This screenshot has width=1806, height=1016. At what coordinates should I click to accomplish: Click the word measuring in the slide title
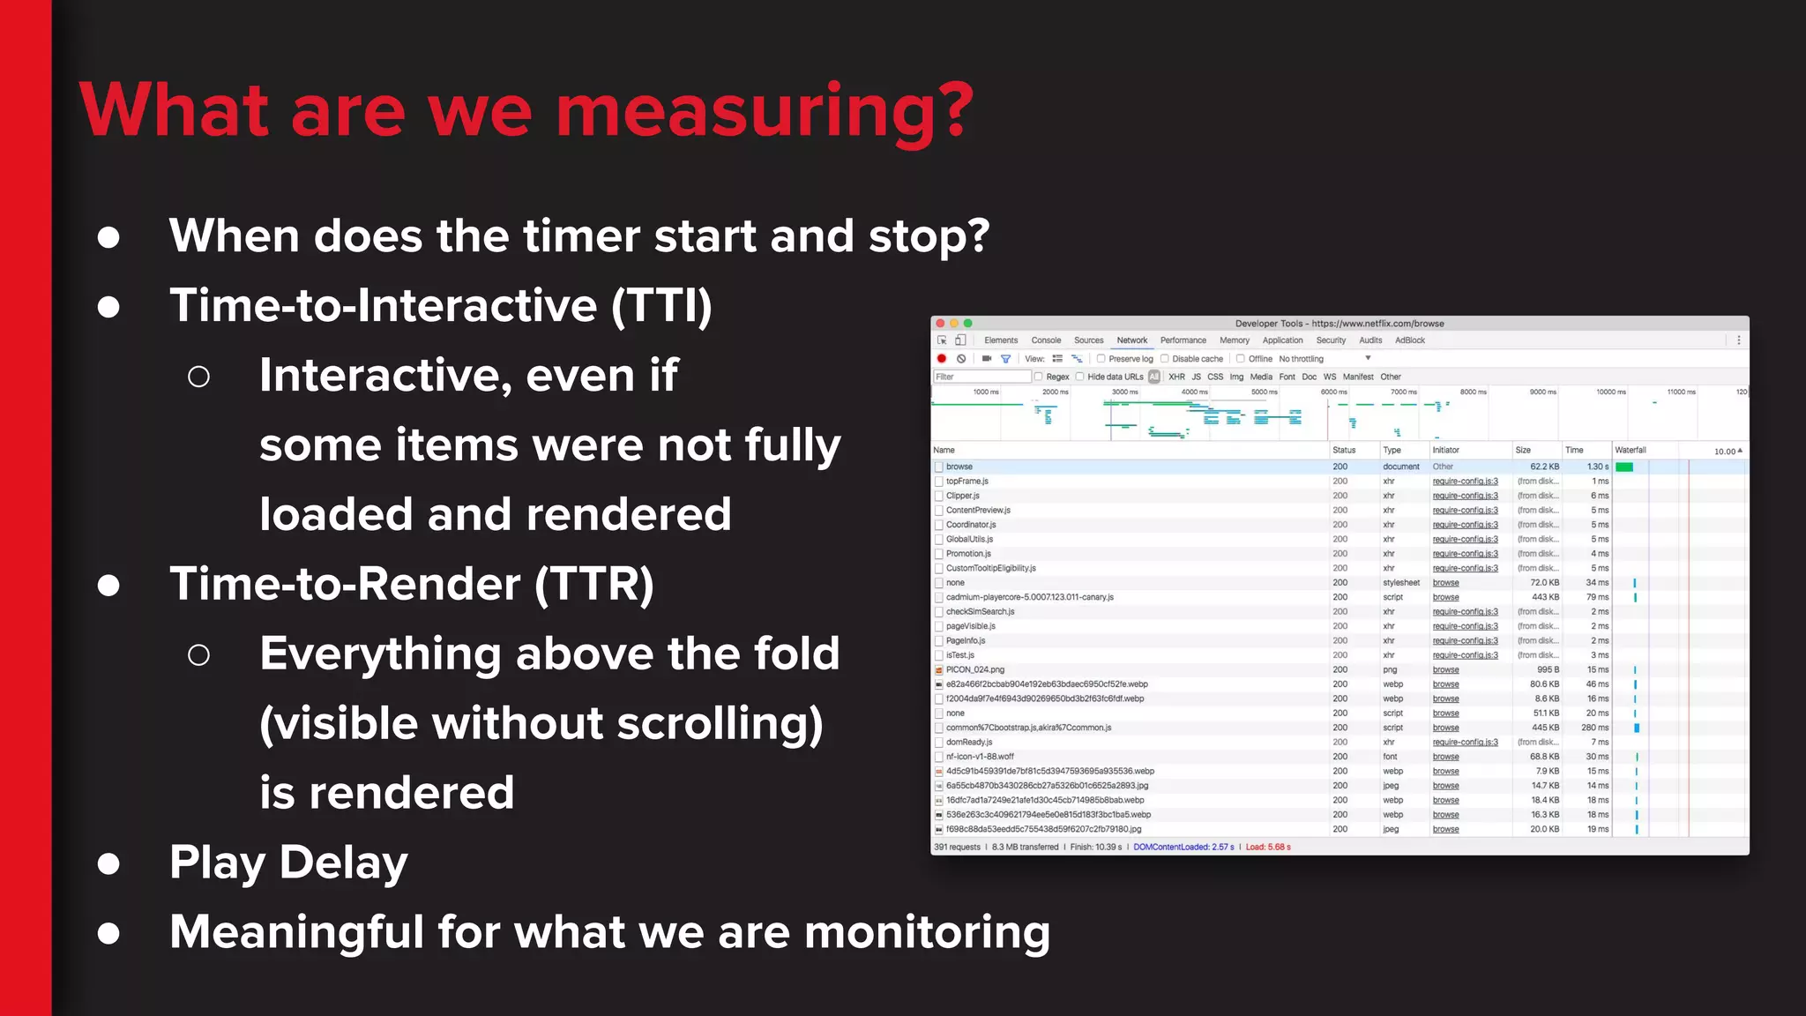764,112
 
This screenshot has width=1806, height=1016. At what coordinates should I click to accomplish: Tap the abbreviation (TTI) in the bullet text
660,306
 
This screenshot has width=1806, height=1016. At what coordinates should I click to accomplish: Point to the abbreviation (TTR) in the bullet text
593,585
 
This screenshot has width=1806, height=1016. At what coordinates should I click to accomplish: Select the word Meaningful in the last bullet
296,932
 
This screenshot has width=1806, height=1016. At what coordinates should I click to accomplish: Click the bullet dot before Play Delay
108,863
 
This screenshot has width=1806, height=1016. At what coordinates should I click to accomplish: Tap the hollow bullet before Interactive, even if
199,377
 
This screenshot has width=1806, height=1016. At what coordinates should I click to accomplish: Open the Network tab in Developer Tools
1131,340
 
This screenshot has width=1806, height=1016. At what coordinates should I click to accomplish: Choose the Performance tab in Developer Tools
1183,340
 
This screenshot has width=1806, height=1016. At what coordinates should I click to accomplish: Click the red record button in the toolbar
942,359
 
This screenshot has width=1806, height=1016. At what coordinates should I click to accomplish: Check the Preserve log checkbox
1101,359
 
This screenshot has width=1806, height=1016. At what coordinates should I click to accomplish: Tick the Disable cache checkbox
1165,359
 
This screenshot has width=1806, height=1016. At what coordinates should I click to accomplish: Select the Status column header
1344,450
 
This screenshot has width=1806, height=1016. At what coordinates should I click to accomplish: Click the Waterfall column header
1631,450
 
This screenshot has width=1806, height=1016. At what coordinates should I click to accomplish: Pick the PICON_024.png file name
975,670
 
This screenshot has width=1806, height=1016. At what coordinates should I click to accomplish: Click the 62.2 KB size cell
1544,467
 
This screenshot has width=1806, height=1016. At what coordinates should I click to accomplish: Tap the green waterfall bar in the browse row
1624,467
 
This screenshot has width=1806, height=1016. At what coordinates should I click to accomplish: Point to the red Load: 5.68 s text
1268,848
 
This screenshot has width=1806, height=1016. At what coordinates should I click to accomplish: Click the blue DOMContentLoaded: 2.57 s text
1183,848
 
